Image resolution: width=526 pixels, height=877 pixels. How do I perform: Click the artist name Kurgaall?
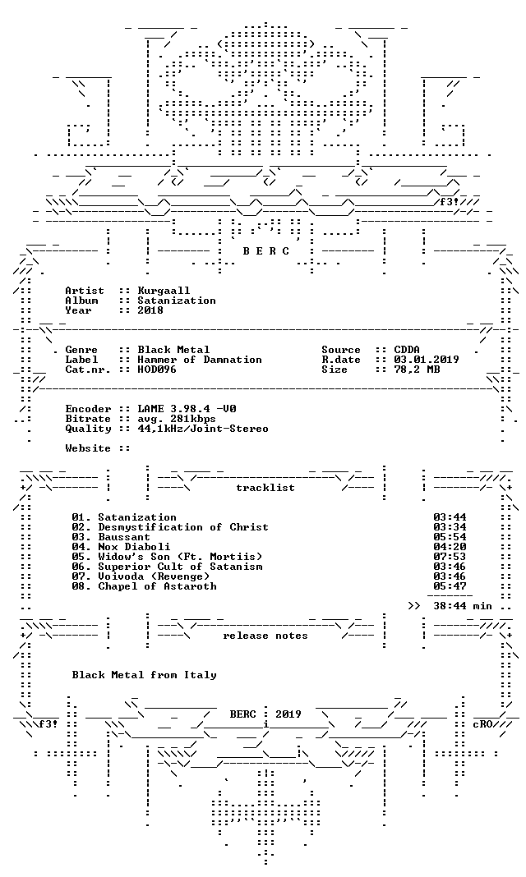(x=164, y=291)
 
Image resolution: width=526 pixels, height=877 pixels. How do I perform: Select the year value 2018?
(x=150, y=310)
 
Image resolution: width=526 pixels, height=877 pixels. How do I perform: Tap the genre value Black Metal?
(x=173, y=350)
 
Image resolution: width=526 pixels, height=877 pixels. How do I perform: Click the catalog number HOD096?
(x=157, y=370)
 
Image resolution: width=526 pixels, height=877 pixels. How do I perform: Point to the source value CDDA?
(x=407, y=350)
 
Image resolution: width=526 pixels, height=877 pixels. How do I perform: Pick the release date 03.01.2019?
(x=427, y=360)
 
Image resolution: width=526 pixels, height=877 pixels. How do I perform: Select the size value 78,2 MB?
(x=417, y=370)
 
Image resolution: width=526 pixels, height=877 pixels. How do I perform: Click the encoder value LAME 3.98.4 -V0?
(x=187, y=409)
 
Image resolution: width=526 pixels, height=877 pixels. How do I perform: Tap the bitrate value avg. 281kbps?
(x=177, y=419)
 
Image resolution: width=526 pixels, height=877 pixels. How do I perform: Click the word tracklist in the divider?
(x=265, y=488)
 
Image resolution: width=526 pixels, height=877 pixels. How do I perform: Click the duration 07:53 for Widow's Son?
(x=450, y=557)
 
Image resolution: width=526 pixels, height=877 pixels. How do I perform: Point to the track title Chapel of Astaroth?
(x=157, y=586)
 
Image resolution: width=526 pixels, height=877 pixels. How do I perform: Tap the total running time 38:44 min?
(x=462, y=606)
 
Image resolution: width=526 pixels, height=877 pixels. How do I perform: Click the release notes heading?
(x=265, y=636)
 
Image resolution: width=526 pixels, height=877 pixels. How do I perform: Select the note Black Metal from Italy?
(x=144, y=675)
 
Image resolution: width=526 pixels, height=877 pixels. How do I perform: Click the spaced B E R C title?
(x=265, y=251)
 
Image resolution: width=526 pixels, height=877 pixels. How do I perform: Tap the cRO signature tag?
(x=482, y=723)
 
